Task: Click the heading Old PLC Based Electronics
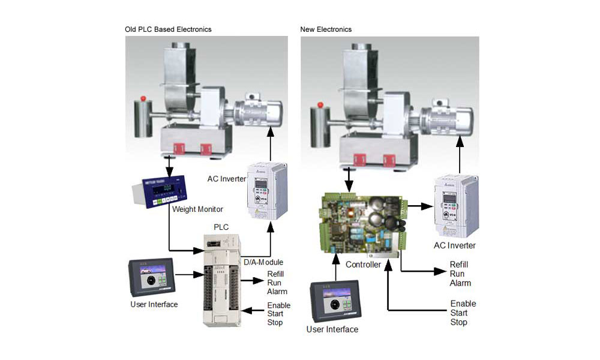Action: click(168, 29)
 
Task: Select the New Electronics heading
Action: click(326, 29)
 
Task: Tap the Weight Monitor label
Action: click(197, 209)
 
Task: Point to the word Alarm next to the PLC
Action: click(277, 292)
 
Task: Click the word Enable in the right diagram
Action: click(463, 304)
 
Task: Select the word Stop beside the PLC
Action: click(275, 323)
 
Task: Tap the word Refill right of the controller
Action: click(459, 265)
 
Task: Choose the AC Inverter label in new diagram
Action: click(455, 245)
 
